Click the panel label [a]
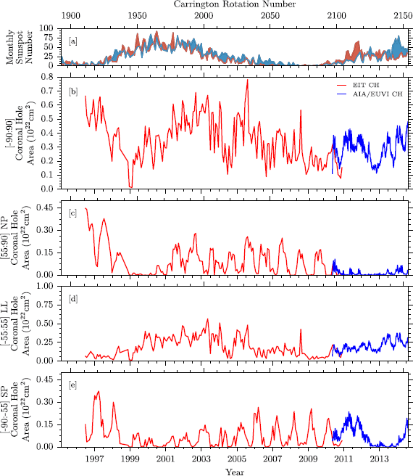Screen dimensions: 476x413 [x=73, y=41]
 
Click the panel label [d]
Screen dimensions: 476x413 [x=73, y=298]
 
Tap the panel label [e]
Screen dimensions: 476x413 [x=73, y=385]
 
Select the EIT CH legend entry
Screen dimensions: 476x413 [x=365, y=86]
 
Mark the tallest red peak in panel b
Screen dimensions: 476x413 [x=247, y=80]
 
